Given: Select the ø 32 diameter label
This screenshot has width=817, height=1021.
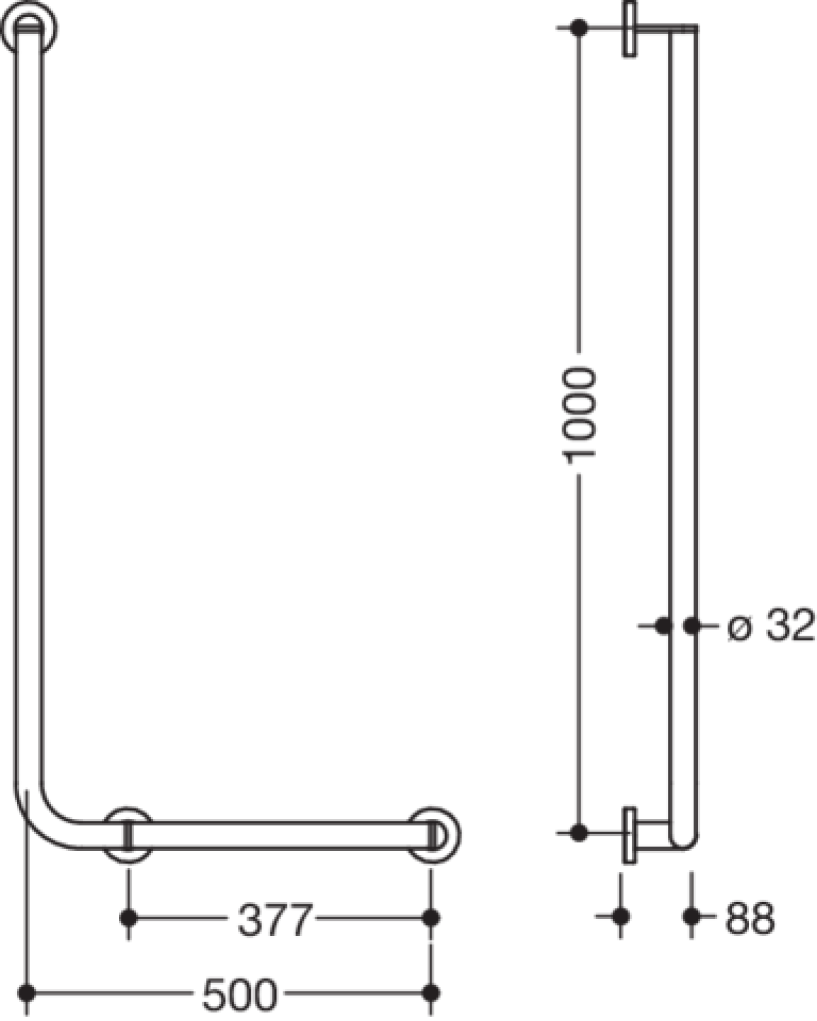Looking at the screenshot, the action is click(x=771, y=626).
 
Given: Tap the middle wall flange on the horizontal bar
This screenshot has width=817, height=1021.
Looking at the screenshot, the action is click(x=128, y=835).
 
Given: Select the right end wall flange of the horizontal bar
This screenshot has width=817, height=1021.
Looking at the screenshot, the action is click(x=433, y=835).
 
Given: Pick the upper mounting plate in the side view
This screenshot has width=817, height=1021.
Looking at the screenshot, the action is click(x=629, y=29).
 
